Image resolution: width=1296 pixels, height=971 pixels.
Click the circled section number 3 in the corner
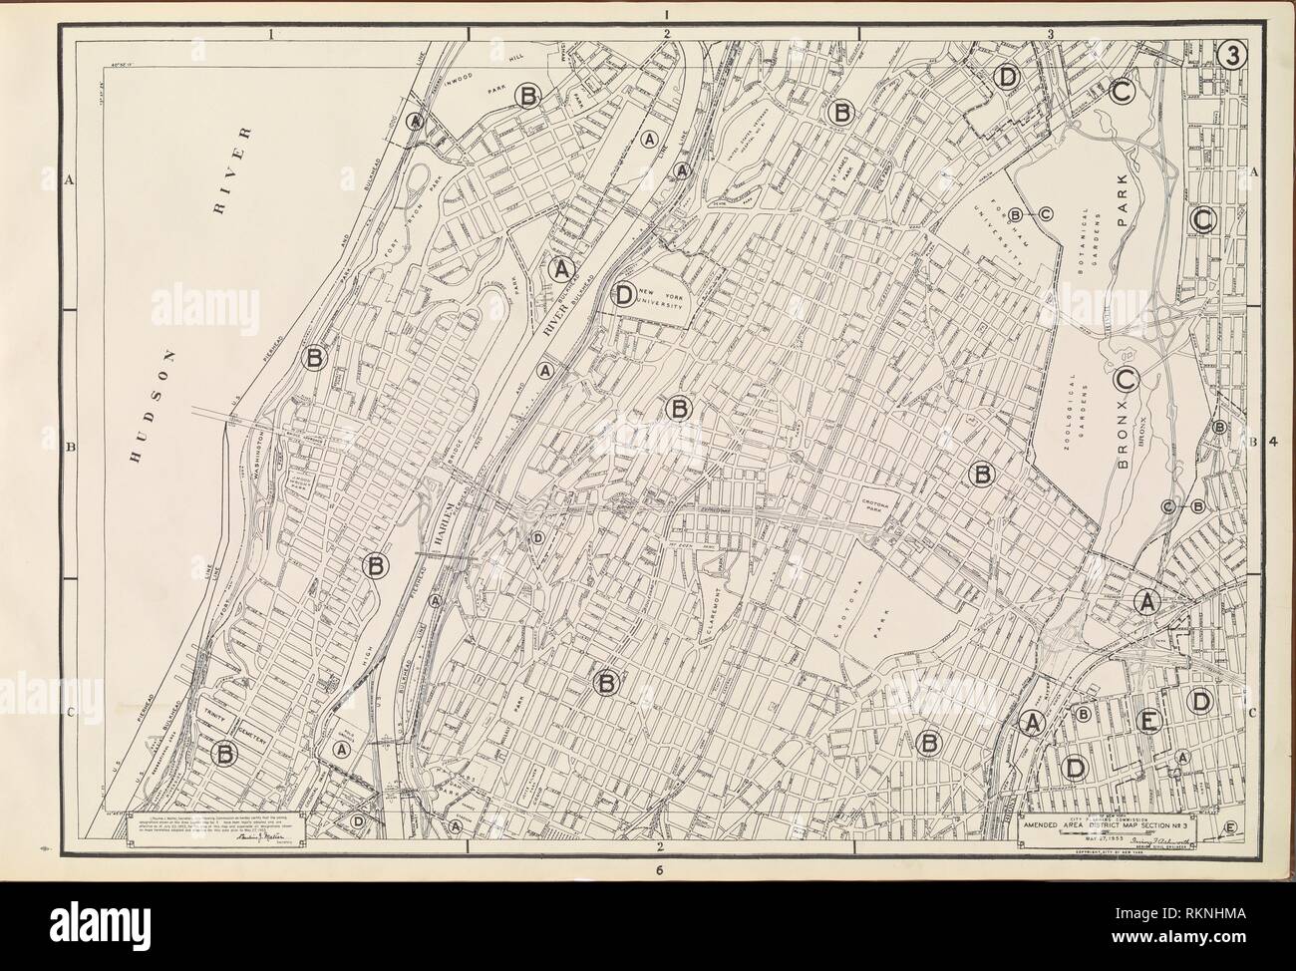pyautogui.click(x=1232, y=57)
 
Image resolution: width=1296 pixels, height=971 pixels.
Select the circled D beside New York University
pyautogui.click(x=624, y=294)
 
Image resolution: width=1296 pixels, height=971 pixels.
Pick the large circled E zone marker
pyautogui.click(x=1149, y=721)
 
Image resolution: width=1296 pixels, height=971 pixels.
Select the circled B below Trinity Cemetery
pyautogui.click(x=225, y=755)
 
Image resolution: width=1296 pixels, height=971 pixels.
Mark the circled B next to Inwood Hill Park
pyautogui.click(x=528, y=96)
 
